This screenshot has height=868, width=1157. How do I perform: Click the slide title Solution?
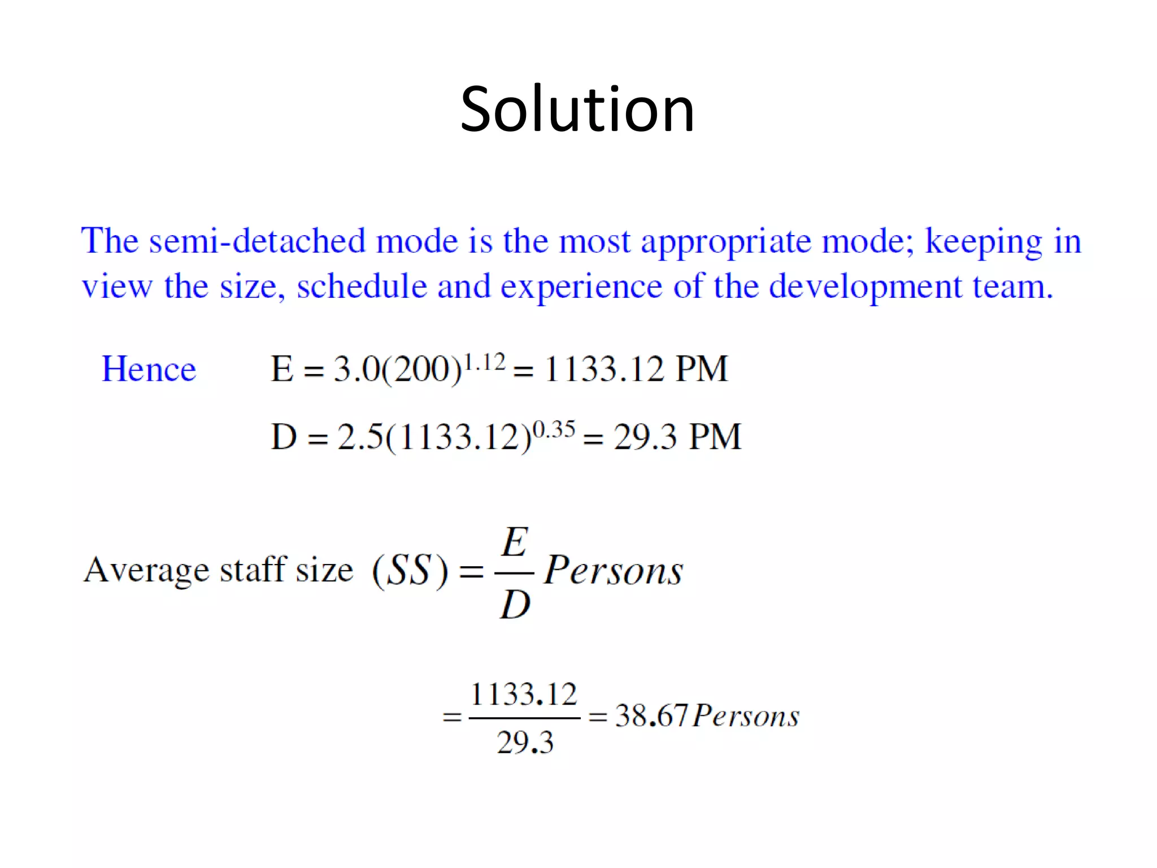tap(577, 108)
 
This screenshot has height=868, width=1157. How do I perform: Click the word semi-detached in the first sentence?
tap(257, 241)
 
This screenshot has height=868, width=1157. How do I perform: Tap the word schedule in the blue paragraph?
tap(362, 286)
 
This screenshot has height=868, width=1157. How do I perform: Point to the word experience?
tap(581, 287)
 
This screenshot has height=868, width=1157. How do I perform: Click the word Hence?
tap(149, 369)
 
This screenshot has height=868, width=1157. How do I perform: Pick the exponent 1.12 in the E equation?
tap(484, 362)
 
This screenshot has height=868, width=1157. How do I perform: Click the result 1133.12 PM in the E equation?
tap(636, 369)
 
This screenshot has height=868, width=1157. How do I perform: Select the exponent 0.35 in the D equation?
tap(554, 429)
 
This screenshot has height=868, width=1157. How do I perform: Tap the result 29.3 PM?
tap(677, 437)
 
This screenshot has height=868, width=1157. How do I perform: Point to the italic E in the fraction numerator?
tap(515, 542)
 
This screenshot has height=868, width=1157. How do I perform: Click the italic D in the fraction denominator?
tap(515, 604)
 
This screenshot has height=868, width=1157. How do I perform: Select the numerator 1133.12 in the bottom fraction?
tap(524, 694)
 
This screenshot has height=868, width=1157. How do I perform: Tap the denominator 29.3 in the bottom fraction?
tap(525, 742)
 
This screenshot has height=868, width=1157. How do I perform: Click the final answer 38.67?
tap(651, 715)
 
